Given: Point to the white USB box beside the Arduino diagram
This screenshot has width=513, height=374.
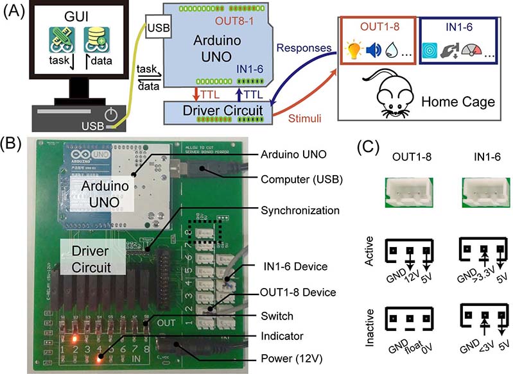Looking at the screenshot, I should click(157, 29).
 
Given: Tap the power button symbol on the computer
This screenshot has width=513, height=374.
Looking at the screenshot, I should click(112, 116).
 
